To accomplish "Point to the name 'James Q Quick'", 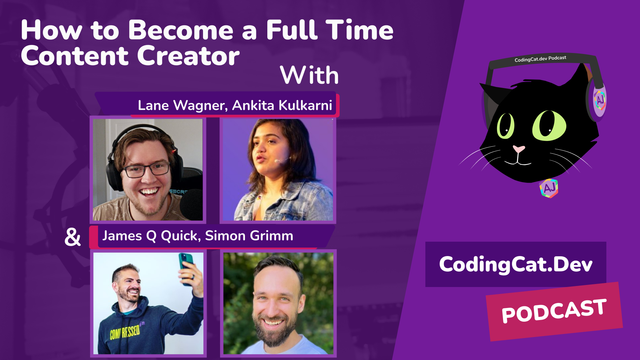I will click(x=148, y=237).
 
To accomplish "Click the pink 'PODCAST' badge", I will click(x=554, y=312).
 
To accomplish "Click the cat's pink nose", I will click(x=520, y=150).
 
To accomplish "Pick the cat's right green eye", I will click(x=549, y=127).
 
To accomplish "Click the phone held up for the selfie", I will click(x=186, y=266).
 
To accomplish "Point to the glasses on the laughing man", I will click(x=148, y=167).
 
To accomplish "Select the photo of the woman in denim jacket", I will click(x=277, y=171).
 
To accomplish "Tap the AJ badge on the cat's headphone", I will click(x=599, y=101).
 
